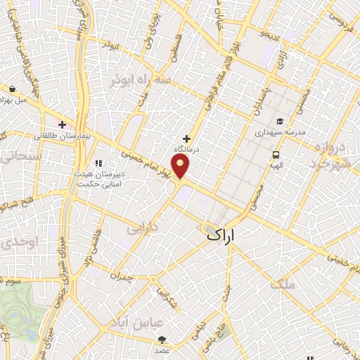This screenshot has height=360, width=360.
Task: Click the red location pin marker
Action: pos(182,167)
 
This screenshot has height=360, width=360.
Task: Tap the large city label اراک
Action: pos(225,236)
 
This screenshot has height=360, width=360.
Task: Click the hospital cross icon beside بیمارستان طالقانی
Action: pos(63,124)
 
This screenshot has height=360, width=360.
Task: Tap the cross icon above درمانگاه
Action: pos(186,139)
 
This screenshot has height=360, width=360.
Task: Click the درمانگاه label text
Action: pos(187,150)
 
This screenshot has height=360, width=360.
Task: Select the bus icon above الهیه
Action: pos(275,155)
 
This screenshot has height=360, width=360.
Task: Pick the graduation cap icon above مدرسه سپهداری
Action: pos(279,120)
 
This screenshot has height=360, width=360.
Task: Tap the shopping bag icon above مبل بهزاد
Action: pos(13,89)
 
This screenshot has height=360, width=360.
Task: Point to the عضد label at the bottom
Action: pos(163,349)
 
